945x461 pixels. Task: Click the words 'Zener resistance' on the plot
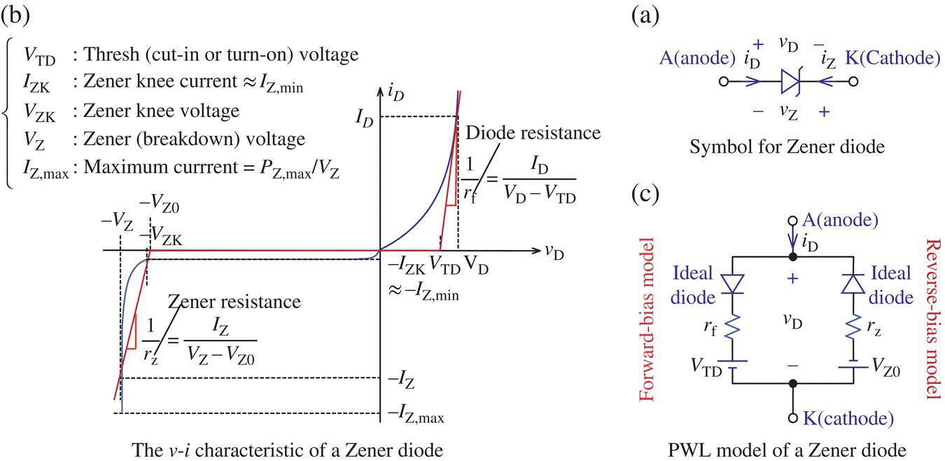(x=234, y=302)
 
